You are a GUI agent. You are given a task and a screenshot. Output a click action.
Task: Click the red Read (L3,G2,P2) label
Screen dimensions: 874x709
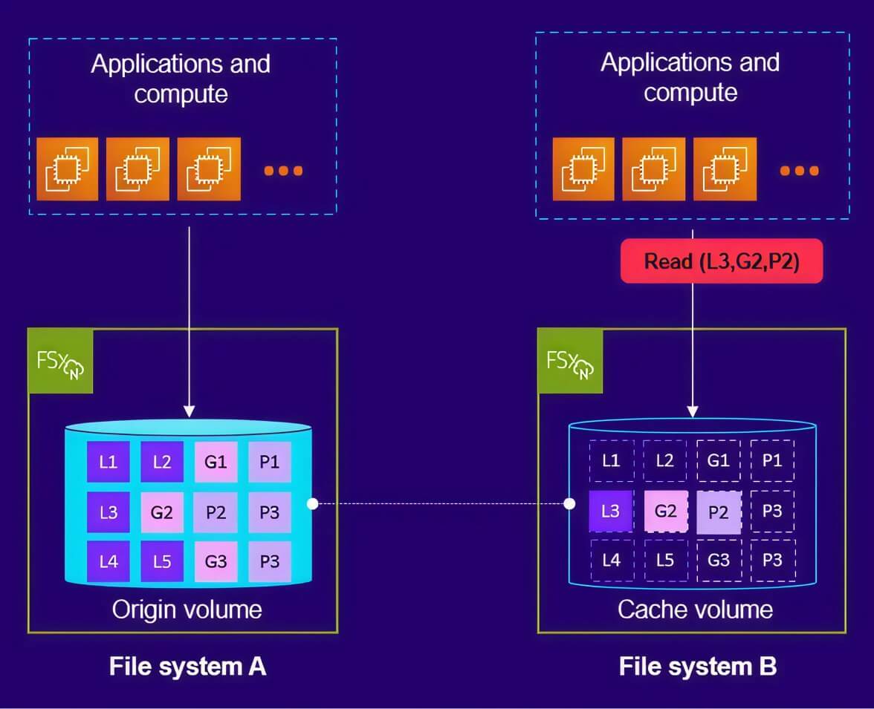coord(721,261)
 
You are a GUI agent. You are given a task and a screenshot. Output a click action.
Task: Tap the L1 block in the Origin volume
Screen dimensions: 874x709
coord(108,463)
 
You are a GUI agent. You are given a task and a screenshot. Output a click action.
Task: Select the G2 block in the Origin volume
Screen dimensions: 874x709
coord(162,512)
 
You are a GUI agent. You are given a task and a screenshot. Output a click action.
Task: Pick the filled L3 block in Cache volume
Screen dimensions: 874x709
coord(610,511)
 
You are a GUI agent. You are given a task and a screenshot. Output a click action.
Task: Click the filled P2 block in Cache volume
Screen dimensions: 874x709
coord(719,512)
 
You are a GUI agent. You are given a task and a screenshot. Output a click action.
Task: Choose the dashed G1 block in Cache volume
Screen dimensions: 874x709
coord(719,460)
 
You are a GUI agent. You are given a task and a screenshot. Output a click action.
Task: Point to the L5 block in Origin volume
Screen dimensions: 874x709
coord(162,561)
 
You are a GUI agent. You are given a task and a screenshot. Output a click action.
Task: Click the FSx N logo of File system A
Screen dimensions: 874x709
coord(60,362)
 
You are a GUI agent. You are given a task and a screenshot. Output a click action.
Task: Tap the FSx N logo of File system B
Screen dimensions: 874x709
coord(570,362)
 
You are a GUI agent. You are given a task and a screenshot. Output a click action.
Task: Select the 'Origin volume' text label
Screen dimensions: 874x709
coord(187,610)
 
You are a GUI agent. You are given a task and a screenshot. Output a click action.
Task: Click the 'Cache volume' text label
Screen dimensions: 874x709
coord(695,610)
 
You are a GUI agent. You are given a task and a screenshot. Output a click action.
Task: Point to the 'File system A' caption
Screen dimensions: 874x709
coord(187,666)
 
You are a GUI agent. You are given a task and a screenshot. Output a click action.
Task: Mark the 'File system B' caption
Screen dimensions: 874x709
coord(697,666)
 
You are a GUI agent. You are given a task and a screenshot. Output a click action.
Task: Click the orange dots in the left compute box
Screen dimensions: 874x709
coord(283,171)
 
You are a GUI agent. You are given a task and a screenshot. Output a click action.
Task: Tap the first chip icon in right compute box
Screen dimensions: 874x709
coord(583,170)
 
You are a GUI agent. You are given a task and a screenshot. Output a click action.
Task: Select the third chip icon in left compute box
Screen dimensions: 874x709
coord(209,170)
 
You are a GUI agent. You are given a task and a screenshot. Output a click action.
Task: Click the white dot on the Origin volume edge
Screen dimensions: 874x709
coord(313,504)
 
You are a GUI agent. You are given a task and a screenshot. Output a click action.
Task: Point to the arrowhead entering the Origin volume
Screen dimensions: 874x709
coord(190,411)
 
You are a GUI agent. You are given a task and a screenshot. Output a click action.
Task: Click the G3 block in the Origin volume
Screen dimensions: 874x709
coord(216,561)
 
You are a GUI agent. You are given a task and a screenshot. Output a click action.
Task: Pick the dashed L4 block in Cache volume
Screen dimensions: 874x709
coord(611,560)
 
